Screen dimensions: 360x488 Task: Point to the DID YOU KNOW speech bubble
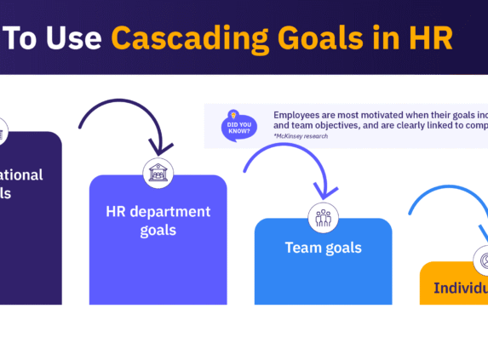coord(238,127)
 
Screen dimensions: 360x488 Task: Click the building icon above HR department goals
coord(158,173)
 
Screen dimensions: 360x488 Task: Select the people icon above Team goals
coord(323,217)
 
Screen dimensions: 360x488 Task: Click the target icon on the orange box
coord(482,260)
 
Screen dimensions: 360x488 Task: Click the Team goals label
coord(323,249)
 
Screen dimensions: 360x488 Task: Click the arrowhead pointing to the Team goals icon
coord(322,192)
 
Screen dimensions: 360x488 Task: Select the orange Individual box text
coord(461,287)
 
